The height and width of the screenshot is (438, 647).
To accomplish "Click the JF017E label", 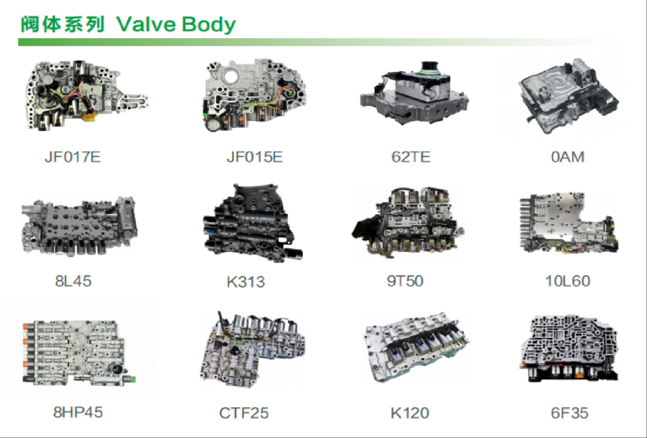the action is tap(72, 157).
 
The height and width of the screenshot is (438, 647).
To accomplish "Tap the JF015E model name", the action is tap(254, 157).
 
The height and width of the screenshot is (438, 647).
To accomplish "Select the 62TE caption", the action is tap(411, 157).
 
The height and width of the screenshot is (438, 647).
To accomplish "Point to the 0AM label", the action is tap(568, 157).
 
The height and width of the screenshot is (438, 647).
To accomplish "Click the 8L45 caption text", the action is tap(73, 281).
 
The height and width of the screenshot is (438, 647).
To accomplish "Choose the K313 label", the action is tap(245, 282).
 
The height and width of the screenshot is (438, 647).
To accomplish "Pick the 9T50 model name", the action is tap(405, 281).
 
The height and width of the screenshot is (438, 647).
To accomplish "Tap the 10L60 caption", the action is tap(568, 281).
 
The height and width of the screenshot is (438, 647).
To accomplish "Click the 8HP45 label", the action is tap(78, 412).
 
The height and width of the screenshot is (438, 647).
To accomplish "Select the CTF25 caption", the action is tap(244, 413).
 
